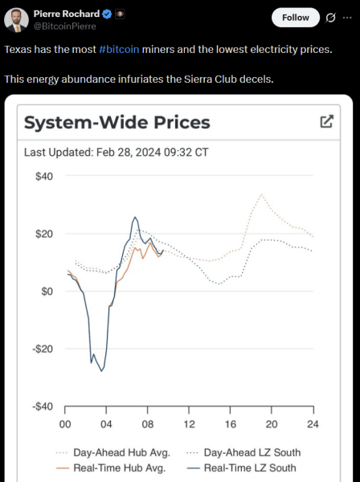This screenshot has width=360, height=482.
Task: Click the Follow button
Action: point(295,17)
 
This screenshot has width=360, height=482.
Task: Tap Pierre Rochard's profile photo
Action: point(17,20)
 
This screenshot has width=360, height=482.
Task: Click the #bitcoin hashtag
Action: point(119,49)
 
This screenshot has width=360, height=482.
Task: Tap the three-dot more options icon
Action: point(347,17)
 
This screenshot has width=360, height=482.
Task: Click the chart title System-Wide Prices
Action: point(117,122)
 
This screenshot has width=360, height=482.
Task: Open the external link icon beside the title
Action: point(326,121)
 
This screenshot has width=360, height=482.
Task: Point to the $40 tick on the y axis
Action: point(43,176)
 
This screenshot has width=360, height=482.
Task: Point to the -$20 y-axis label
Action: point(41,349)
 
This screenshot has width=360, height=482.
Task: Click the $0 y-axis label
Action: point(46,292)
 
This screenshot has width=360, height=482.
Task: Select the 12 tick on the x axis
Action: point(189,424)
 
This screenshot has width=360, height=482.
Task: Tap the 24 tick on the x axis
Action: point(313,424)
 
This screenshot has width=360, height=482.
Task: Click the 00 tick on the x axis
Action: point(65,424)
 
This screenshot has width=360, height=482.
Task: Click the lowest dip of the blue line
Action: point(102,370)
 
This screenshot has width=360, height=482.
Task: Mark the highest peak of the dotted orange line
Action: point(261,194)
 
